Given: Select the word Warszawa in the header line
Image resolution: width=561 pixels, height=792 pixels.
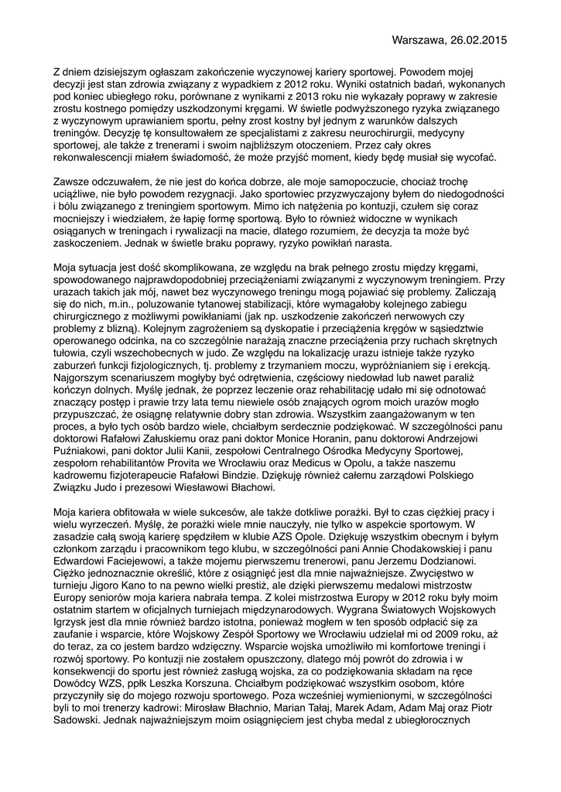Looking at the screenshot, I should click(420, 39).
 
